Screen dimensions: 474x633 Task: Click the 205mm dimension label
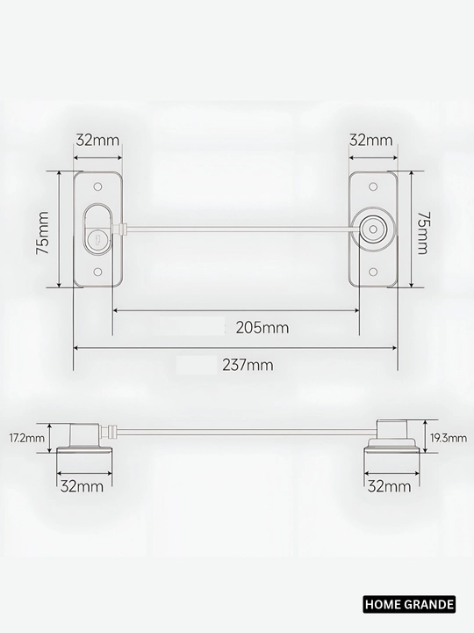click(x=262, y=327)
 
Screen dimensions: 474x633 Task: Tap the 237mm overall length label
click(x=248, y=365)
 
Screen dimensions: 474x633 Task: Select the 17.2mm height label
click(x=27, y=438)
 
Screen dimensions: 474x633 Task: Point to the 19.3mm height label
click(x=449, y=438)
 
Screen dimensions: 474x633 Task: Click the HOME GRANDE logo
click(x=409, y=604)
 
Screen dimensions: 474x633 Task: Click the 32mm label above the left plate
click(x=98, y=140)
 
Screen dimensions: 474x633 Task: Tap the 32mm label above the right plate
click(x=370, y=140)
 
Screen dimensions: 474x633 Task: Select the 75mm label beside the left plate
click(x=43, y=232)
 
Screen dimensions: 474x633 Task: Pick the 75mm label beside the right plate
click(x=421, y=232)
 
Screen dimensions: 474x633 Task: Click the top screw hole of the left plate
click(x=97, y=187)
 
